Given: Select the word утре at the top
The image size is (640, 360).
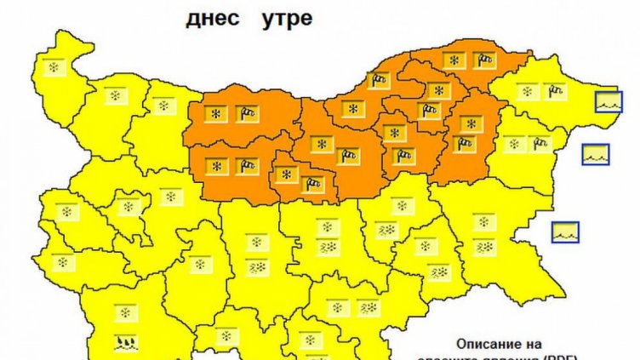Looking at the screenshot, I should pyautogui.click(x=287, y=18).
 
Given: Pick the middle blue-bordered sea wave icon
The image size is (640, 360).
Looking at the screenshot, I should pyautogui.click(x=596, y=154).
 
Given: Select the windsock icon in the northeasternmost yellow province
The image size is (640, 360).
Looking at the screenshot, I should pyautogui.click(x=554, y=89).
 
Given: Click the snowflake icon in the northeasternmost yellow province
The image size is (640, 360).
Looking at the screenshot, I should pyautogui.click(x=528, y=90).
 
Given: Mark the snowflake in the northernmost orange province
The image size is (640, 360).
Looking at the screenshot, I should pyautogui.click(x=455, y=60).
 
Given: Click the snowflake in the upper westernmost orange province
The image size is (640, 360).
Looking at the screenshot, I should pyautogui.click(x=218, y=113).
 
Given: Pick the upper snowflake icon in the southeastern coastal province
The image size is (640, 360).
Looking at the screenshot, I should pyautogui.click(x=484, y=222).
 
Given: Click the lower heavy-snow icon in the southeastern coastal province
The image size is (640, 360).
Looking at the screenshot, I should pyautogui.click(x=484, y=247).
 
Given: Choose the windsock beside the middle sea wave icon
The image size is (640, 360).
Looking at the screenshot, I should pyautogui.click(x=540, y=143).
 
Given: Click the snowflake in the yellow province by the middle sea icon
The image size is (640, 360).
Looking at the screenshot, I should pyautogui.click(x=512, y=143).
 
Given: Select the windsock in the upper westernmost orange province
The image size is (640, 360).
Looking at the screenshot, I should pyautogui.click(x=246, y=112).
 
